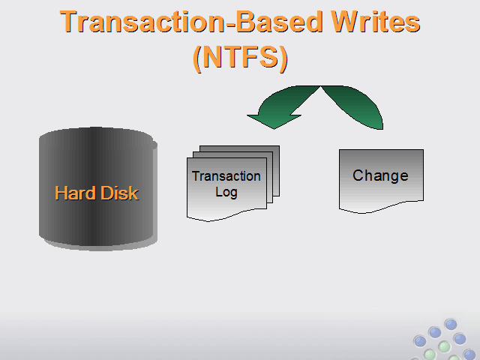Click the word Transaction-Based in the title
pyautogui.click(x=191, y=22)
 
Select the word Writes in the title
pyautogui.click(x=376, y=22)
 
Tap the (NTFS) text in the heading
pyautogui.click(x=240, y=58)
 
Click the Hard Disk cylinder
pyautogui.click(x=98, y=189)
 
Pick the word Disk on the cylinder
pyautogui.click(x=119, y=193)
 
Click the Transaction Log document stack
pyautogui.click(x=233, y=183)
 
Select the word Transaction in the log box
pyautogui.click(x=226, y=176)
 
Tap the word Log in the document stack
pyautogui.click(x=226, y=193)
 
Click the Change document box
pyautogui.click(x=381, y=181)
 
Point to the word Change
pyautogui.click(x=380, y=175)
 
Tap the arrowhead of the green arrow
pyautogui.click(x=273, y=121)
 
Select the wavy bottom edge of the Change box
pyautogui.click(x=381, y=208)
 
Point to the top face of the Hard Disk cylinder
pyautogui.click(x=96, y=136)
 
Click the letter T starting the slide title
pyautogui.click(x=68, y=22)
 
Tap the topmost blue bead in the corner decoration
pyautogui.click(x=451, y=324)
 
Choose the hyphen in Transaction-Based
pyautogui.click(x=230, y=24)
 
